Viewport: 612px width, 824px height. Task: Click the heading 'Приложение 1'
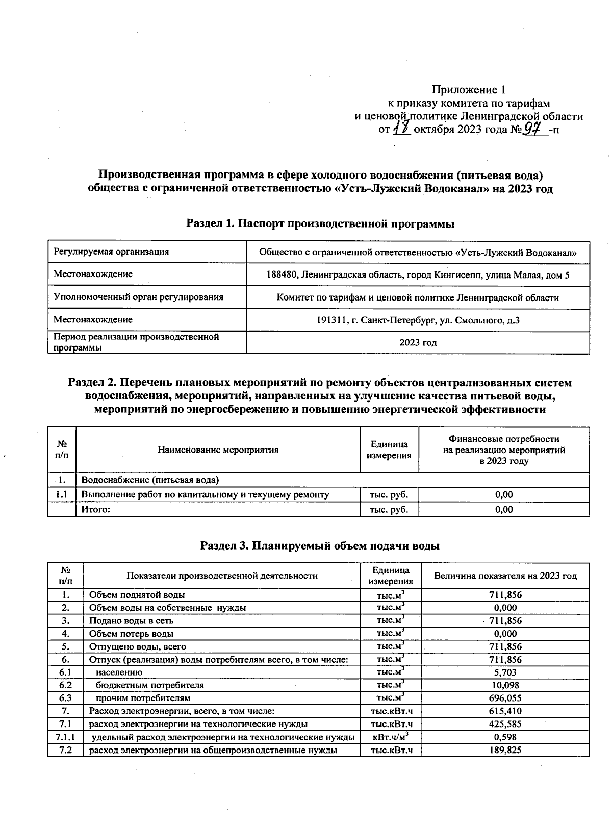pos(469,90)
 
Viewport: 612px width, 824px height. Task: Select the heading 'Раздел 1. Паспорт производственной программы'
pos(320,223)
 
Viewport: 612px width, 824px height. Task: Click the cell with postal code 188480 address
pos(418,275)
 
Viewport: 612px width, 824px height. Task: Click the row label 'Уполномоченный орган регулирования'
pos(138,297)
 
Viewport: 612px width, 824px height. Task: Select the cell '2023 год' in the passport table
pos(418,342)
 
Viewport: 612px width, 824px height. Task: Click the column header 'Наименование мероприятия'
pos(218,450)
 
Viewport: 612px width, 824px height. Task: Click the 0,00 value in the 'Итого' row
pos(504,509)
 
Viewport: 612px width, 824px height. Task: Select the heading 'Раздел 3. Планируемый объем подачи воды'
pos(320,546)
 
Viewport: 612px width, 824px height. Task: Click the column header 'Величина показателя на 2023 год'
pos(505,576)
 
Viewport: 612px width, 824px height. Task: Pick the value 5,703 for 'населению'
pos(505,672)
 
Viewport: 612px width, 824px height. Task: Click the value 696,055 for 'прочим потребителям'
pos(505,698)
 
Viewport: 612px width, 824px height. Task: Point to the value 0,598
pos(505,737)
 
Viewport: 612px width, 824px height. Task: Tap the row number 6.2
pos(65,685)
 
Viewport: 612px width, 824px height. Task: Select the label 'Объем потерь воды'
pos(131,634)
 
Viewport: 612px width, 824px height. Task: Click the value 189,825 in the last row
pos(505,750)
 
